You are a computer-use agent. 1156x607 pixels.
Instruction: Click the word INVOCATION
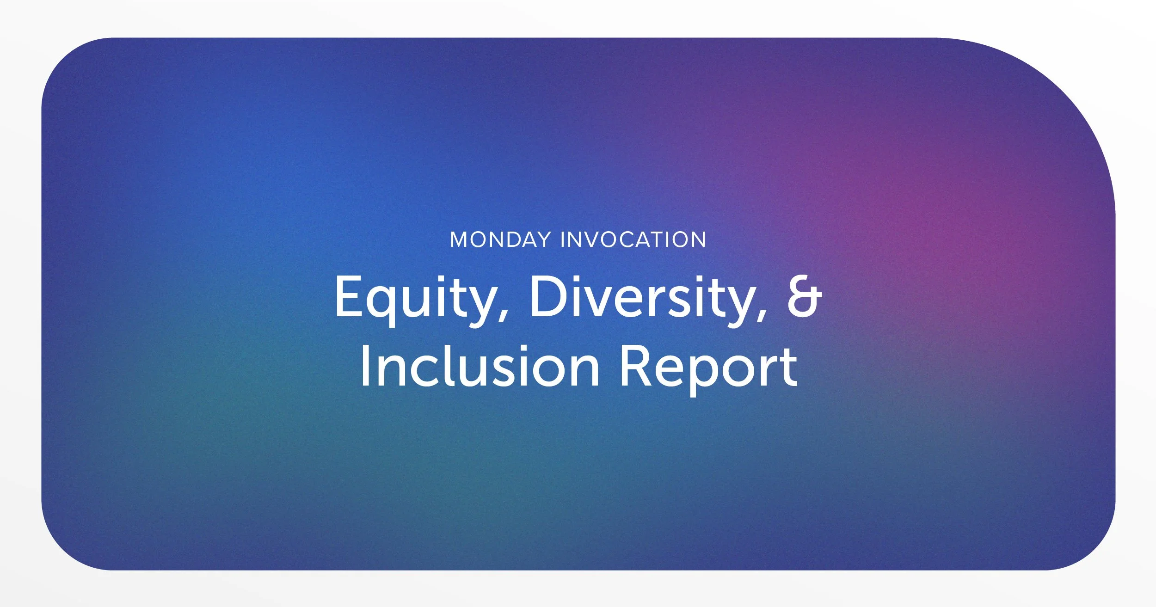pos(633,240)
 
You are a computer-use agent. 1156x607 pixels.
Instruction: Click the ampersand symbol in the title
pos(804,296)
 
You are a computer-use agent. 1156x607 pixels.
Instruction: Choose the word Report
pos(708,366)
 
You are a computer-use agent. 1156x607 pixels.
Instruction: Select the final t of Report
pos(789,368)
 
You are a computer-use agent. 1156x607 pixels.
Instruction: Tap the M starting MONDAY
pos(460,240)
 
